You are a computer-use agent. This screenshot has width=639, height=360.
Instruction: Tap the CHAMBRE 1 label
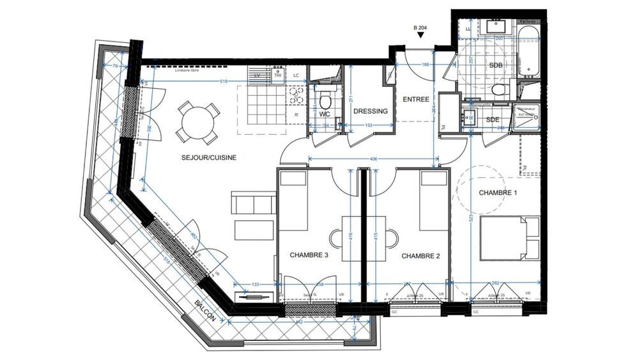point(498,192)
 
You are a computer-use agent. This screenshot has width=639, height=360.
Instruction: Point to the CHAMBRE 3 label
point(309,255)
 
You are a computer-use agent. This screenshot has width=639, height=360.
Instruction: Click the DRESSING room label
point(371,111)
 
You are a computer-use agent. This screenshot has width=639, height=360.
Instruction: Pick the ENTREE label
point(415,99)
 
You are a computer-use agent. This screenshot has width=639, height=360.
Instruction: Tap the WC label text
point(324,114)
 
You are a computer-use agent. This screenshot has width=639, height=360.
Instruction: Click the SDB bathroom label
point(495,66)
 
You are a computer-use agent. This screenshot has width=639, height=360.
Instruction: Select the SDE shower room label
point(493,120)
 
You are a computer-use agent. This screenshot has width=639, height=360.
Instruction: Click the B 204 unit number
point(420,27)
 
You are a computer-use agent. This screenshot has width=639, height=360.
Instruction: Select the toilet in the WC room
point(325,100)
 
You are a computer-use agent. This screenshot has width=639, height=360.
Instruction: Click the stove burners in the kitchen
point(296,95)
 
